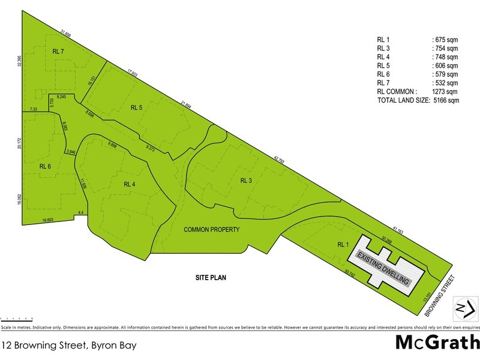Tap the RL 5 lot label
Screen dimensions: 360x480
[x=136, y=108]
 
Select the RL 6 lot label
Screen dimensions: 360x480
[x=46, y=166]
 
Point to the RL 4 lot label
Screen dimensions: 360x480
[x=131, y=184]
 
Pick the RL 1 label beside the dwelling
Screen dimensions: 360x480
[x=343, y=244]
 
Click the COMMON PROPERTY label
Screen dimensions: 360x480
[x=212, y=230]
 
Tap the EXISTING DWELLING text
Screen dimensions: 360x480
[x=384, y=268]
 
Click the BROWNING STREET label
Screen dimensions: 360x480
[x=442, y=295]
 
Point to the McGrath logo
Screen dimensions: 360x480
[x=436, y=343]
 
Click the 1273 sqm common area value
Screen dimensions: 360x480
[x=445, y=92]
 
